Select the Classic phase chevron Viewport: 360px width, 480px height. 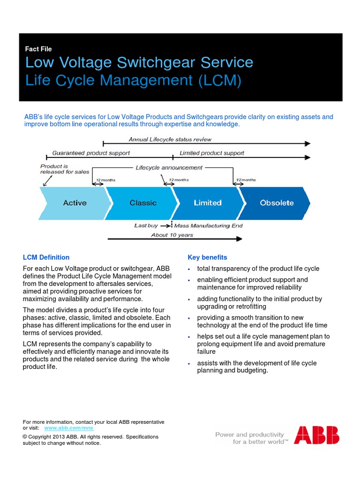pos(143,203)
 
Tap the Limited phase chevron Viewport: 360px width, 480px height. pos(208,203)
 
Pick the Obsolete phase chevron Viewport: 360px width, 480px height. pos(277,203)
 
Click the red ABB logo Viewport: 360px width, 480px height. pos(317,435)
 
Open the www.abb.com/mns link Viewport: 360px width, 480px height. pos(69,428)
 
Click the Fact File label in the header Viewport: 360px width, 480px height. pos(38,49)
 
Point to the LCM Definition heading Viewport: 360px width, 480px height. pos(46,257)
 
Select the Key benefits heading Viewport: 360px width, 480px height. pos(207,257)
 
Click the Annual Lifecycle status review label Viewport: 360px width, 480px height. pos(170,139)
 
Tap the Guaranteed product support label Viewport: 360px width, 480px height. pos(91,153)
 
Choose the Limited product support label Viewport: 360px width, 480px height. pos(212,153)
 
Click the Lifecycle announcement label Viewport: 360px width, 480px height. pos(169,167)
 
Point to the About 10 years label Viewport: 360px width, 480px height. pos(172,235)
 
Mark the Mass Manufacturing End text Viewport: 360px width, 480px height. pos(209,225)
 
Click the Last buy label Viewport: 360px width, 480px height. pos(146,225)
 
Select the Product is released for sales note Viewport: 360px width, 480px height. pos(64,169)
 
